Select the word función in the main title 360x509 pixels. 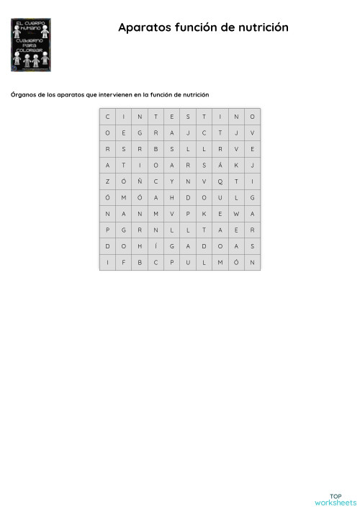(x=194, y=27)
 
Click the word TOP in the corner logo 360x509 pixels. (x=336, y=475)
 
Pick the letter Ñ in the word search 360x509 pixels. (x=140, y=181)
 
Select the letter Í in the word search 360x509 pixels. (x=156, y=246)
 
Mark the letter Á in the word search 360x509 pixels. (x=220, y=165)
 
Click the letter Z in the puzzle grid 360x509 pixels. (x=107, y=181)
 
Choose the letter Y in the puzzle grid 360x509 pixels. (x=171, y=181)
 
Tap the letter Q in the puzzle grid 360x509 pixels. (x=220, y=181)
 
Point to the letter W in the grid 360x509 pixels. (x=236, y=213)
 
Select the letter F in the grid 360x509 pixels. (x=123, y=262)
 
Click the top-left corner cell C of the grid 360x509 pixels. (x=107, y=116)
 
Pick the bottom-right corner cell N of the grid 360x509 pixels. (x=253, y=262)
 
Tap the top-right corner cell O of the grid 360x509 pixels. (x=253, y=116)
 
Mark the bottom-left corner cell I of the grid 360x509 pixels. (x=107, y=262)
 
